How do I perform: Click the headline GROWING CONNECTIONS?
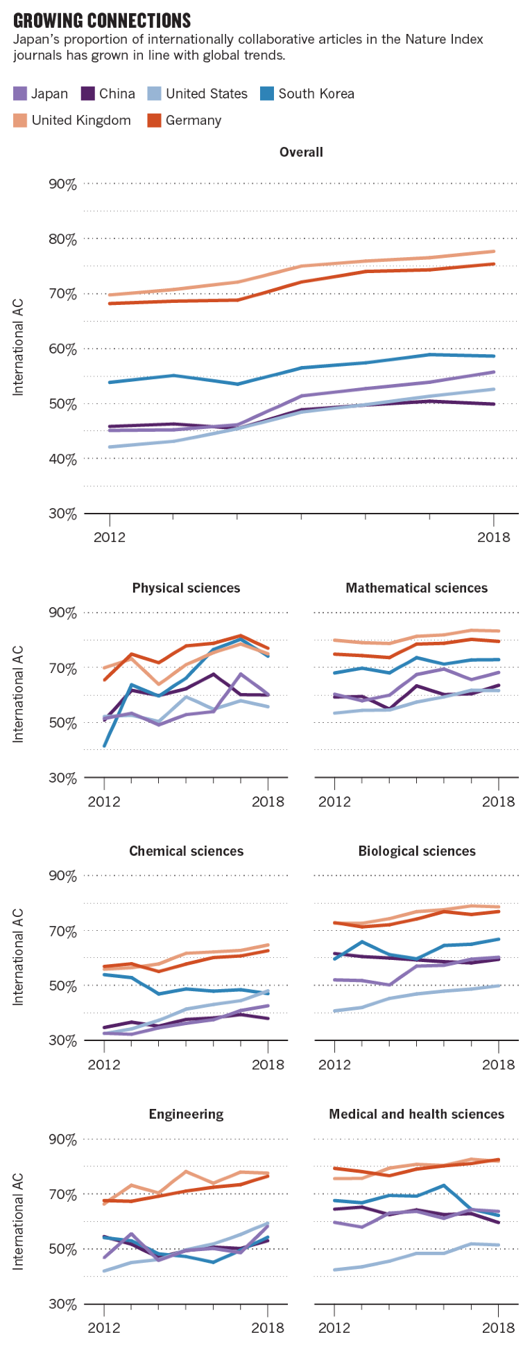tap(102, 20)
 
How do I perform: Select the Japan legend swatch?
tap(19, 94)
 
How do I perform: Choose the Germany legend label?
tap(193, 120)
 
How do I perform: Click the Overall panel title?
tap(301, 152)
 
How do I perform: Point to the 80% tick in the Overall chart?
tap(62, 239)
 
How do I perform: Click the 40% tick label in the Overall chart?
tap(62, 459)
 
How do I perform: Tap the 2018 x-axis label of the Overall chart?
tap(493, 536)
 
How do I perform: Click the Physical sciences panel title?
tap(186, 588)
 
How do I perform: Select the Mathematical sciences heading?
tap(416, 588)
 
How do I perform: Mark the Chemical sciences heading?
tap(186, 851)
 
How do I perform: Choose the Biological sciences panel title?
tap(416, 851)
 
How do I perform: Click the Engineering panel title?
tap(186, 1114)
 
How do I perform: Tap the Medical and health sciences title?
tap(416, 1114)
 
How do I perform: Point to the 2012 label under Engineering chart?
tap(104, 1327)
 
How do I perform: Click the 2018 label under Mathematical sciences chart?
tap(498, 801)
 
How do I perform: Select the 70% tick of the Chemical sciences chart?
tap(62, 931)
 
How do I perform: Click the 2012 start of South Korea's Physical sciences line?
tap(105, 746)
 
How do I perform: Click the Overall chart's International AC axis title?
tap(19, 347)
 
